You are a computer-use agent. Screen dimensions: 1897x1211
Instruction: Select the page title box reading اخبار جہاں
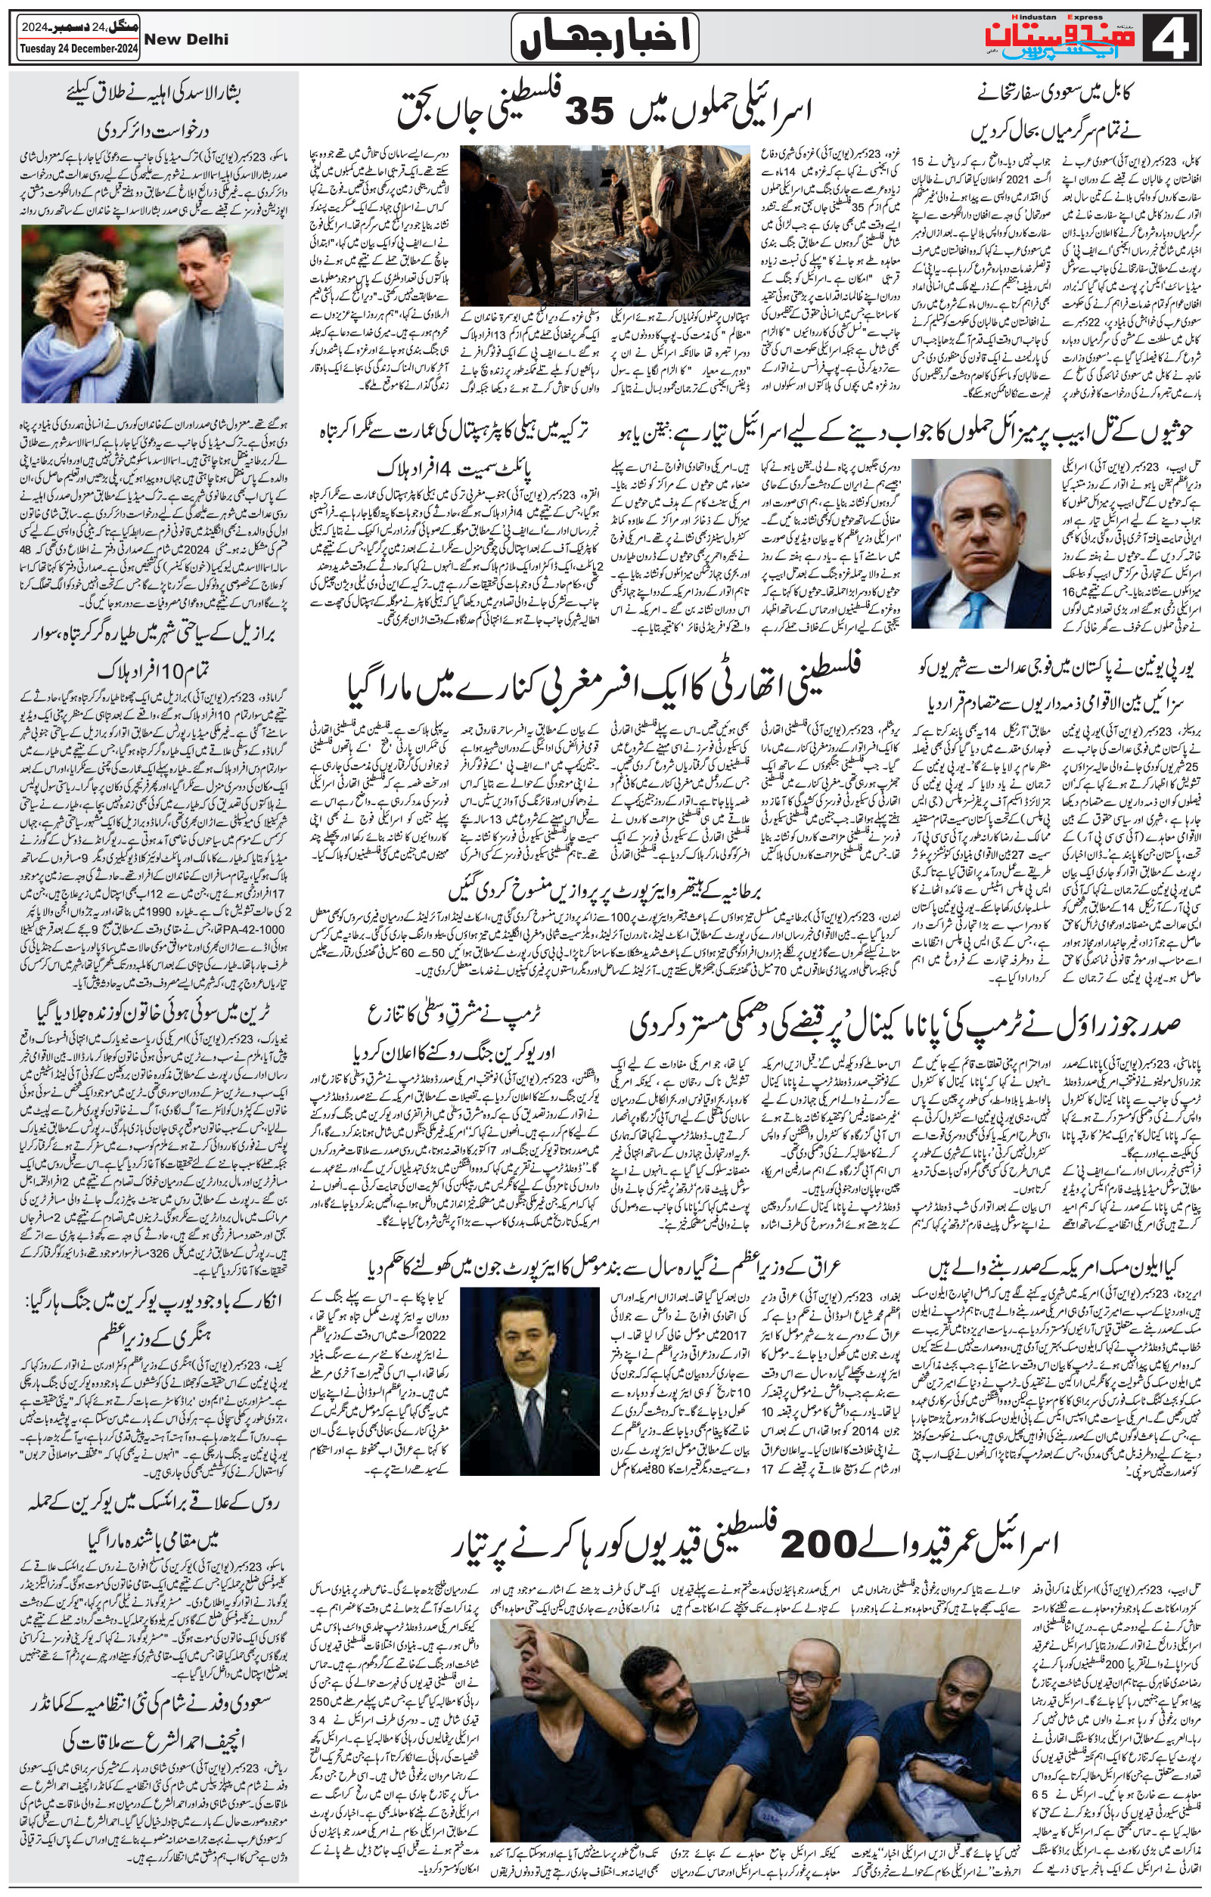604,38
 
